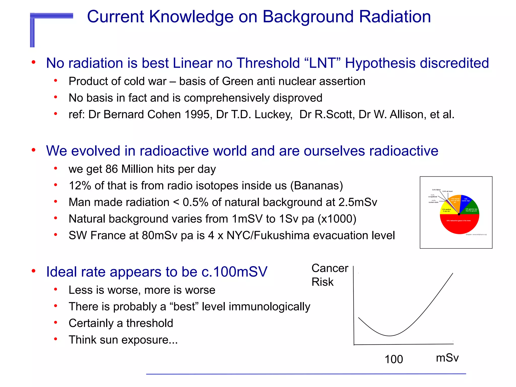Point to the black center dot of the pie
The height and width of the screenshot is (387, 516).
(459, 214)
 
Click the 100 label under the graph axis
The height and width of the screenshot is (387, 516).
(394, 359)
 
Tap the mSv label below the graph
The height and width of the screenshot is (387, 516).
(447, 358)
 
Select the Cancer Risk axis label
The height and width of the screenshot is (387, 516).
(330, 275)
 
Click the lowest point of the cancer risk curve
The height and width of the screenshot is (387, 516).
(390, 336)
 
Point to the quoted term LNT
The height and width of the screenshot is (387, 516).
(322, 63)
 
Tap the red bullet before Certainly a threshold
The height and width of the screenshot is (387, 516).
(55, 322)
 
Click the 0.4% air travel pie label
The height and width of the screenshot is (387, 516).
(447, 191)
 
